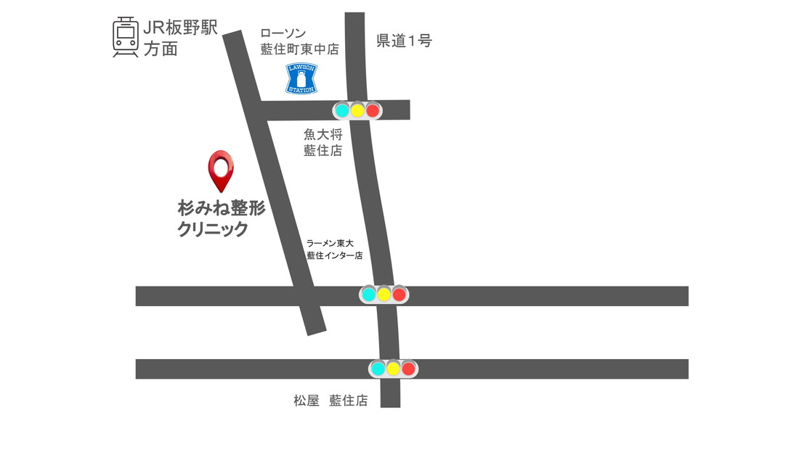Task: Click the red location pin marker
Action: (221, 168)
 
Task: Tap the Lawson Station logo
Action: (301, 78)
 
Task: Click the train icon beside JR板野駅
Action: (126, 36)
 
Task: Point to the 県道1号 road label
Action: (404, 41)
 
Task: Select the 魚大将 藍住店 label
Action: (323, 142)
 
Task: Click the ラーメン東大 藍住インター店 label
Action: (334, 250)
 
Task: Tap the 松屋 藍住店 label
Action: (330, 400)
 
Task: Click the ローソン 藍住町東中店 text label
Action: (299, 41)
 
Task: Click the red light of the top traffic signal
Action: (373, 111)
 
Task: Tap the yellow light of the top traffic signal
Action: (357, 111)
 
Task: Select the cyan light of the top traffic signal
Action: (342, 111)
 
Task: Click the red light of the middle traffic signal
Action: (399, 294)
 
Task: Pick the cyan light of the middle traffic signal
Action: (369, 294)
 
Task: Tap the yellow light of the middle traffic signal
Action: (384, 294)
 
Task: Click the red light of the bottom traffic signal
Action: (408, 368)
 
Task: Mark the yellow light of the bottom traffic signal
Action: (393, 368)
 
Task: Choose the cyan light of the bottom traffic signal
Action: (378, 368)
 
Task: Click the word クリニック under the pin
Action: (213, 230)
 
